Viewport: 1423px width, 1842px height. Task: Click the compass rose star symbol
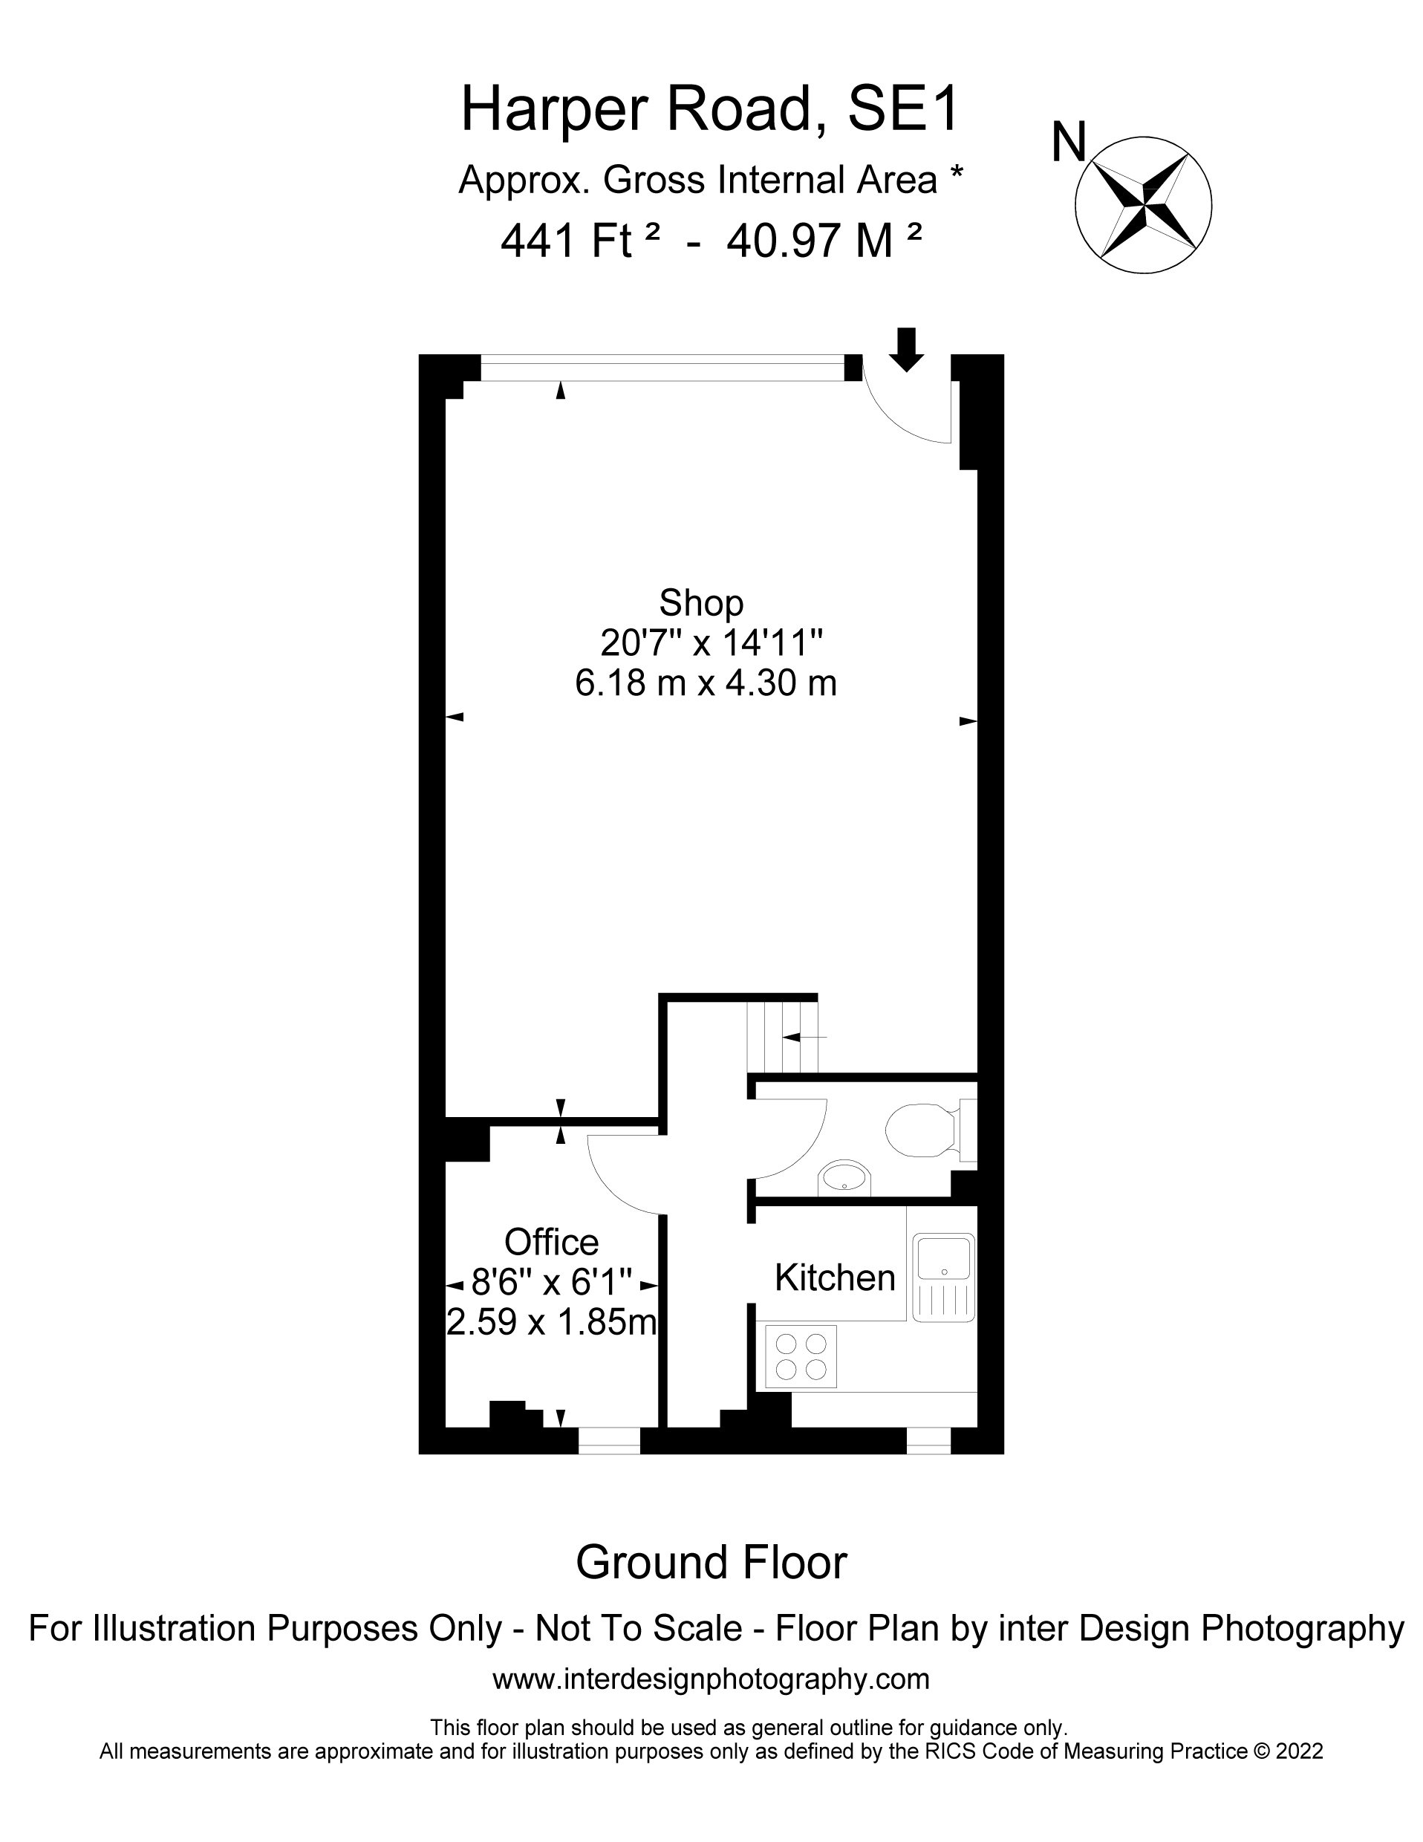[x=1143, y=204]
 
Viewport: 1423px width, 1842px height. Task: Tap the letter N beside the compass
[x=1069, y=143]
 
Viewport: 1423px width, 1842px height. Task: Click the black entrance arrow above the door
[x=906, y=349]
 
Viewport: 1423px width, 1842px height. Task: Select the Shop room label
[x=701, y=604]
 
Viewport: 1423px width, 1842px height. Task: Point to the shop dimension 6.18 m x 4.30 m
[x=706, y=683]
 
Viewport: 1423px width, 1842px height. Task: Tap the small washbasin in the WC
[x=844, y=1177]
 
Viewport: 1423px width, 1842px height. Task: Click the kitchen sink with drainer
[x=944, y=1277]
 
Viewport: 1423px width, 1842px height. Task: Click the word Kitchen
[x=835, y=1278]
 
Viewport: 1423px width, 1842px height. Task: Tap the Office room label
[x=552, y=1243]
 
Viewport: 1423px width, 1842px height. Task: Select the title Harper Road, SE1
[x=711, y=110]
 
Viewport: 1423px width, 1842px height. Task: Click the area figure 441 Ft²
[x=579, y=241]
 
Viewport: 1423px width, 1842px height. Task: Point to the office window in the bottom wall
[x=609, y=1442]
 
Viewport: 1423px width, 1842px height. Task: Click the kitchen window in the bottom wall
[x=928, y=1442]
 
